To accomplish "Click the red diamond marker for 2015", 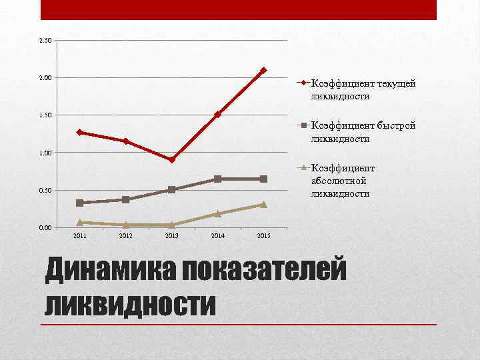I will point(263,70).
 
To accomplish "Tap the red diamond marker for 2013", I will point(172,160).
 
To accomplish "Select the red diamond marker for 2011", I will point(80,132).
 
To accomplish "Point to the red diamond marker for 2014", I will point(217,115).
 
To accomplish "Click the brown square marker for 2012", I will point(126,199).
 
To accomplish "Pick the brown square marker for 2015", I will point(263,179).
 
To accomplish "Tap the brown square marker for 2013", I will point(172,190).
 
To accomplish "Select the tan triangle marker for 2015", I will point(263,205).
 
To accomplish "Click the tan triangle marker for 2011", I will point(80,222).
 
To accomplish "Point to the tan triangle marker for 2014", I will point(217,214).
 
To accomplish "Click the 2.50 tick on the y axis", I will point(45,41).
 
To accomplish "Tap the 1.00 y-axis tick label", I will point(45,153).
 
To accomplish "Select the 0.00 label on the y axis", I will point(45,227).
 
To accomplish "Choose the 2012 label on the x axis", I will point(126,236).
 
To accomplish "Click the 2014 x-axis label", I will point(217,236).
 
